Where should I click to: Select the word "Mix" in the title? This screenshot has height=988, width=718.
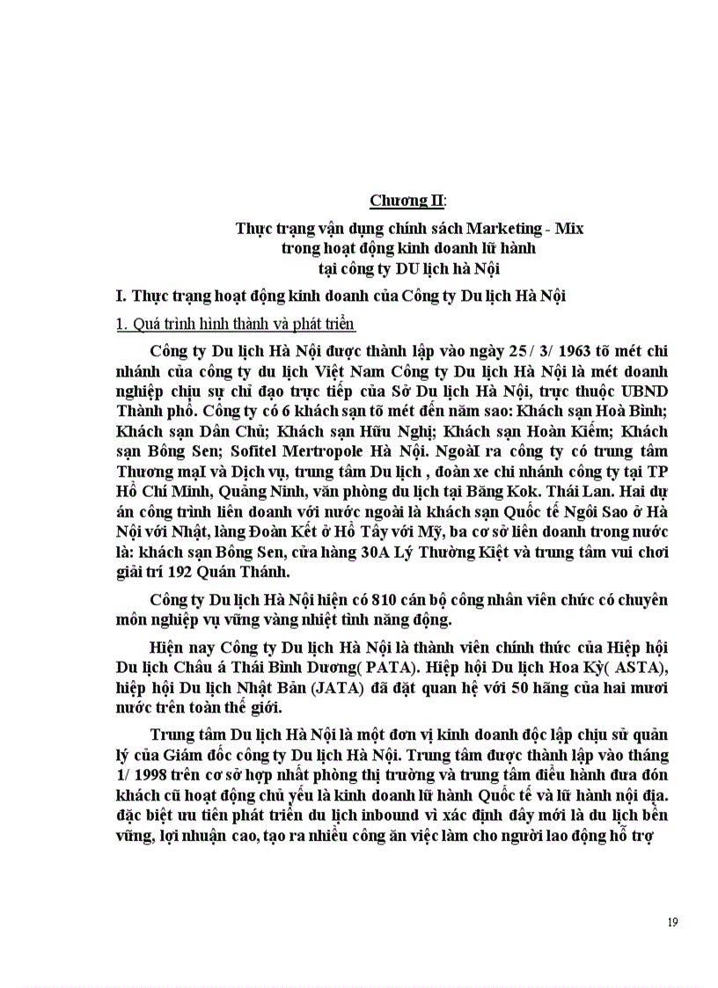pos(570,229)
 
